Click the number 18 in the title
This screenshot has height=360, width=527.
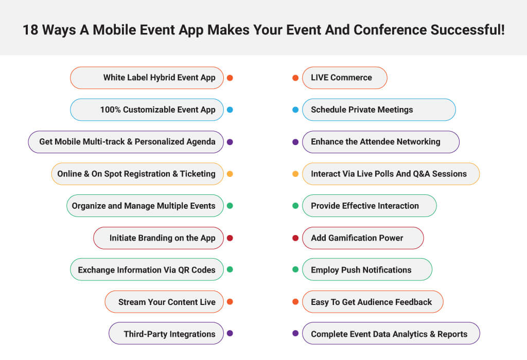click(30, 30)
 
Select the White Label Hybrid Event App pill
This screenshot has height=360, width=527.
click(147, 78)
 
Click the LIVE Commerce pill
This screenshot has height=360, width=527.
click(345, 78)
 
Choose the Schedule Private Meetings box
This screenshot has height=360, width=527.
click(379, 110)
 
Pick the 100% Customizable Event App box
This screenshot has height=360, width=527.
click(147, 110)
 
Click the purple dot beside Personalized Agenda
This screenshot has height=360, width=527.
click(230, 142)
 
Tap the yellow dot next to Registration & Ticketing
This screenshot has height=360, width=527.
click(230, 174)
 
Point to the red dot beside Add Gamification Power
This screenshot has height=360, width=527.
click(295, 238)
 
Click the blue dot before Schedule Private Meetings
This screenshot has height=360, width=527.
click(295, 110)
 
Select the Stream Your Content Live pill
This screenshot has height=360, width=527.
click(164, 302)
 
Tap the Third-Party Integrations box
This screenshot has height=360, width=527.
click(166, 333)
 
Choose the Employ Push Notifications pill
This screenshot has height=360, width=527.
click(367, 269)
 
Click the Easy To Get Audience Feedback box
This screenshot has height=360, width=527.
click(373, 302)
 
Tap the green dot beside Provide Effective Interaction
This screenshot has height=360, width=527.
click(295, 206)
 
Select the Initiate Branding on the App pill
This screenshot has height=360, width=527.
click(159, 238)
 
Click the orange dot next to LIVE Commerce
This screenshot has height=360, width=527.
click(295, 78)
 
